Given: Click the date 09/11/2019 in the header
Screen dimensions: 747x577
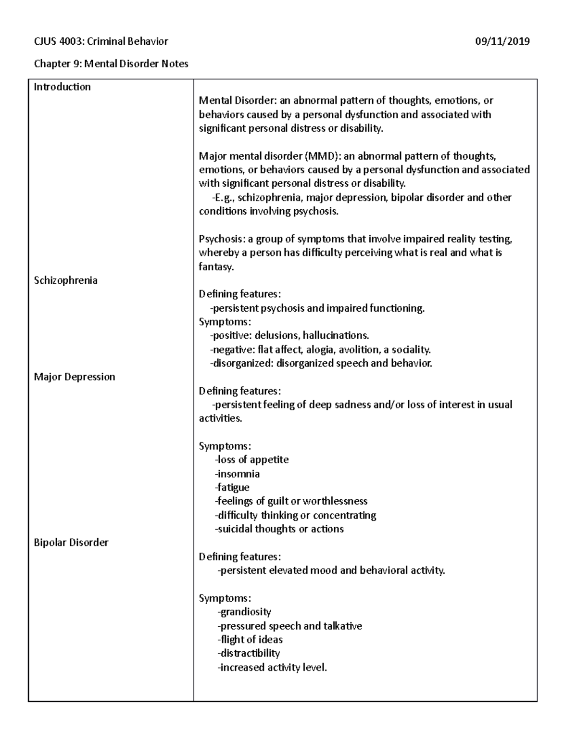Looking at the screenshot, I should click(502, 41).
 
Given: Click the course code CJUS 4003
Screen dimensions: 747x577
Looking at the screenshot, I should click(58, 41).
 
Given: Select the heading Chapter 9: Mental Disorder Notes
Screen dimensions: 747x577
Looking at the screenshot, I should click(111, 64).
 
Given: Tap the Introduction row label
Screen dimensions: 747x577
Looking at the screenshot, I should click(62, 87).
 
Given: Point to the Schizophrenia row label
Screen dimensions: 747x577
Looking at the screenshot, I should click(65, 280).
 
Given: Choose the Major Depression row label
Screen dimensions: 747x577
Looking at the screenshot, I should click(75, 377).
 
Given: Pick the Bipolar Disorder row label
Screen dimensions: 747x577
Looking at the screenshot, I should click(71, 543).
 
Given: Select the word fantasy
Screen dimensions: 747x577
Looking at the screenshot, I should click(216, 267).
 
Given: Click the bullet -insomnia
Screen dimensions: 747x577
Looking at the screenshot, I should click(237, 474).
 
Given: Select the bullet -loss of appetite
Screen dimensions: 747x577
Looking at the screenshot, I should click(251, 460).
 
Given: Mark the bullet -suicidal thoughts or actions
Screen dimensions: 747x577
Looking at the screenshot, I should click(279, 529).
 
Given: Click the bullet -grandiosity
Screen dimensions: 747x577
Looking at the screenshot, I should click(244, 612).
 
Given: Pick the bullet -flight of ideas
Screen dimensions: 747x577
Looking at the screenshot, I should click(250, 640).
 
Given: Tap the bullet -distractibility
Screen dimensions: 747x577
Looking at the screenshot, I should click(249, 654).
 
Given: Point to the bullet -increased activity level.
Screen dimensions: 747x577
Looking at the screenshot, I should click(272, 668).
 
